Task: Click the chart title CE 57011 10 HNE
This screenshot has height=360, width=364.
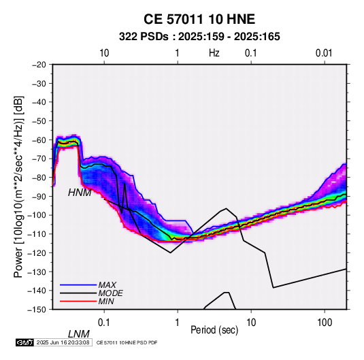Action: (x=199, y=19)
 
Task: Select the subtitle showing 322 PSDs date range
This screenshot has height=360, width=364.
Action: (x=199, y=37)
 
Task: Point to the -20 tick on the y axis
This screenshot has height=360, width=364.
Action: (x=39, y=65)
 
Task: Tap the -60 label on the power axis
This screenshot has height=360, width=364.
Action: (x=39, y=140)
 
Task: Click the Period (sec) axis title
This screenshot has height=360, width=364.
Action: (x=214, y=330)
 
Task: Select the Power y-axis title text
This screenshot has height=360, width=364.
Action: (x=18, y=186)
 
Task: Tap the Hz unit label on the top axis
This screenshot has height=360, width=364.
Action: (x=214, y=53)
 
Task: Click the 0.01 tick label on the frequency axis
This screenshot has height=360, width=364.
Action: (x=324, y=53)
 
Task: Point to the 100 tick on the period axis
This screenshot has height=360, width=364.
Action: (x=325, y=323)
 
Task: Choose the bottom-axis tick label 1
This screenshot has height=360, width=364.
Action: (x=178, y=323)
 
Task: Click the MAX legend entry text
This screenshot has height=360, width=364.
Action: (x=107, y=285)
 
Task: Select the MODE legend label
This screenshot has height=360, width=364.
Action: (x=110, y=293)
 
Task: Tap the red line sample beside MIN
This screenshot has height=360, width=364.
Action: (x=78, y=301)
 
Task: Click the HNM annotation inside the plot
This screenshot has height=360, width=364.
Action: (x=80, y=193)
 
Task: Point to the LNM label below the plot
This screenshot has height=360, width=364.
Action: (x=79, y=334)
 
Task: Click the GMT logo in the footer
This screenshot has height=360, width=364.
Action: (x=25, y=342)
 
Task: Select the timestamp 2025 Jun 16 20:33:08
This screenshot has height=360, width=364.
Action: (x=63, y=342)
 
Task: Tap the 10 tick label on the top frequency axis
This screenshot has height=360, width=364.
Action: (x=104, y=53)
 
